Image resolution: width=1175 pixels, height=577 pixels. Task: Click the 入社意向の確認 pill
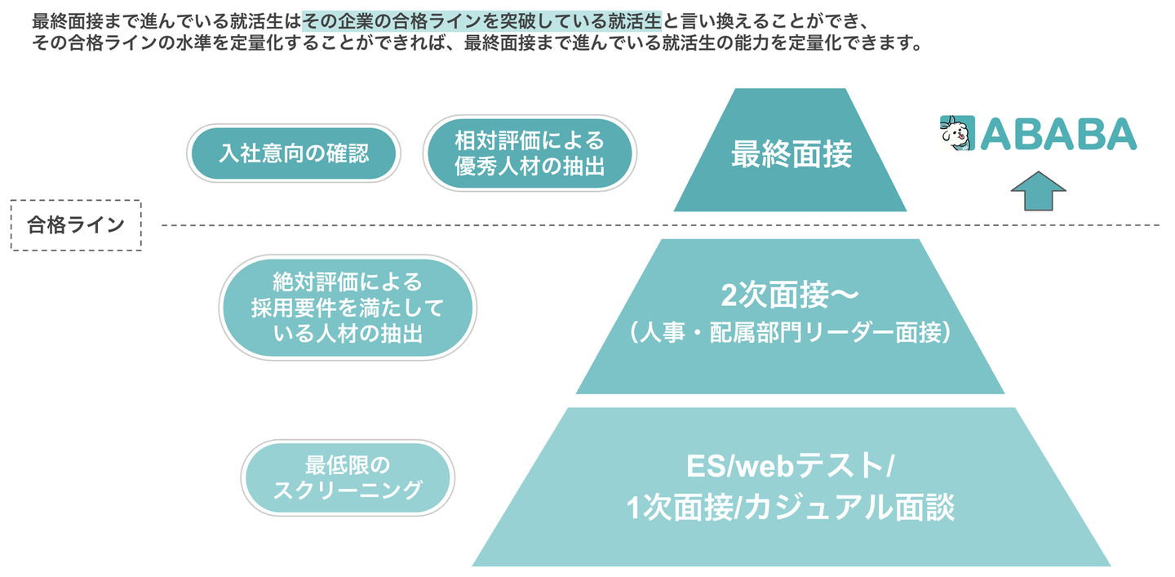[x=294, y=153]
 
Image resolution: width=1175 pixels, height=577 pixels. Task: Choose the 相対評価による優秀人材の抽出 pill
[x=530, y=153]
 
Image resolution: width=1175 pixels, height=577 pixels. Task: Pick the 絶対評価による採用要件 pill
[x=348, y=307]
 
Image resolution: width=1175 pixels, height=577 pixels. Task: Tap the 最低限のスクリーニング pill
[x=348, y=478]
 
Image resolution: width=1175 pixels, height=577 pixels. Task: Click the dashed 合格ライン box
[x=76, y=224]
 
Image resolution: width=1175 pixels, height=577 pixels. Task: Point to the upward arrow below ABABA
[x=1038, y=192]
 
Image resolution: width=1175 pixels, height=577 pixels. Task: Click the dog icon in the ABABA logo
[x=958, y=133]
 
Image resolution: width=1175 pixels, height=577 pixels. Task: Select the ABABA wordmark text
[x=1057, y=134]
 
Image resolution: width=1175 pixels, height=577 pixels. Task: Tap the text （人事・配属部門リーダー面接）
[x=790, y=334]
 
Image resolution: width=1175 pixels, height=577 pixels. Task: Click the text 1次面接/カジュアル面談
[x=790, y=508]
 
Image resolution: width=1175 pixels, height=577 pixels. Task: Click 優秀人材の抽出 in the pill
[x=530, y=166]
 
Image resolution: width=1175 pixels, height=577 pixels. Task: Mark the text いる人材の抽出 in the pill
[x=348, y=332]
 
